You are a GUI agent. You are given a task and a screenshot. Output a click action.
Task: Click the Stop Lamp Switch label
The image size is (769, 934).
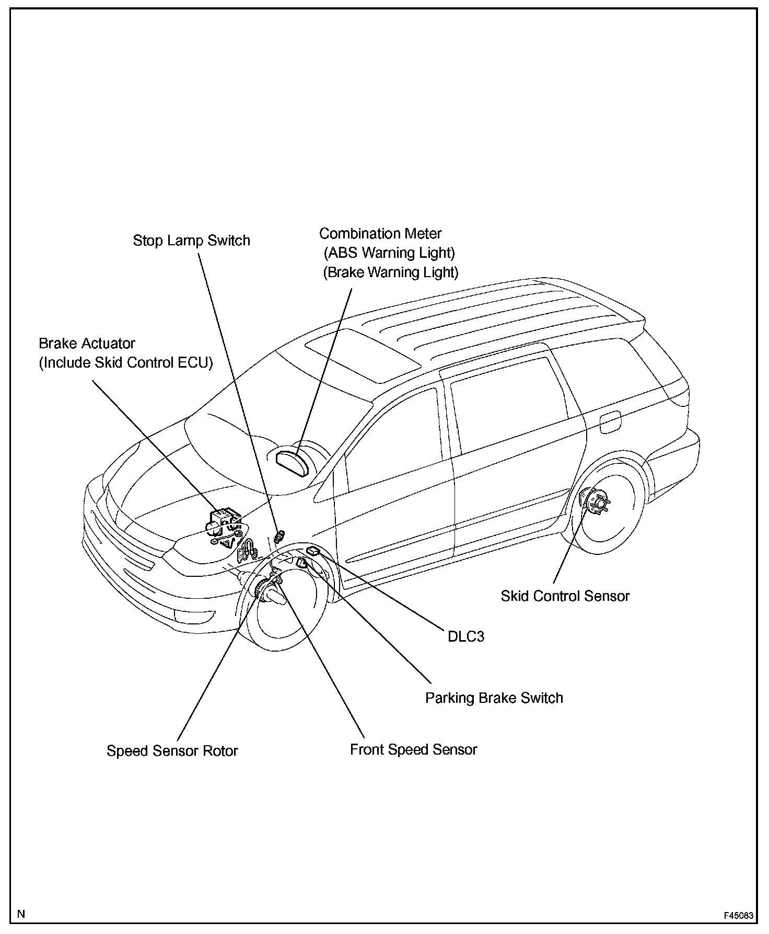coord(191,241)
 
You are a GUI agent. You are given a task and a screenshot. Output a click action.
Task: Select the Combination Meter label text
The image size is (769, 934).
coord(380,233)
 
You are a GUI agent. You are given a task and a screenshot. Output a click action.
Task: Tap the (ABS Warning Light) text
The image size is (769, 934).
coord(389,253)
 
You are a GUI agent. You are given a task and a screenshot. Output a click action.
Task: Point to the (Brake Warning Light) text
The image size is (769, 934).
coord(390,272)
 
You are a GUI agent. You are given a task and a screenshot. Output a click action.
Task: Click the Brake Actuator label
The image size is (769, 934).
coord(87,344)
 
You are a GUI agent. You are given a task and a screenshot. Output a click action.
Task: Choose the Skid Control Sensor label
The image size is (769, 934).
coord(565,596)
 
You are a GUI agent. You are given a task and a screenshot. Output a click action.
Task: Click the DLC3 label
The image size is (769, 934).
coord(465,636)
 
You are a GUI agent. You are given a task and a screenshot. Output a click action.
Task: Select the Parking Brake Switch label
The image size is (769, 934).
coord(494,698)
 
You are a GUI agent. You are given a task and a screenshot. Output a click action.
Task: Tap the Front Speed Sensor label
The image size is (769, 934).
coord(413,749)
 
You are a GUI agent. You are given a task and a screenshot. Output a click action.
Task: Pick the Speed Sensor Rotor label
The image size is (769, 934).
coord(172,750)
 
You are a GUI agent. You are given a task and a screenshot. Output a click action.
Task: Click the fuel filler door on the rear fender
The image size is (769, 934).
coord(610,422)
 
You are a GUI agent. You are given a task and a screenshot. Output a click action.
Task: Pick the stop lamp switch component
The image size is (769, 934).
coord(280,536)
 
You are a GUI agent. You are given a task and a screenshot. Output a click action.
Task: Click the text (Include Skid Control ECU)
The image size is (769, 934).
coord(126,363)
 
